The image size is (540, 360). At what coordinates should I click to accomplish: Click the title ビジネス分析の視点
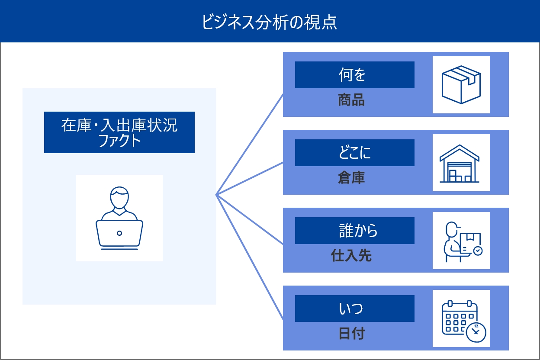[270, 22]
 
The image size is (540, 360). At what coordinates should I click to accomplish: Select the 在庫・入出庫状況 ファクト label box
[119, 132]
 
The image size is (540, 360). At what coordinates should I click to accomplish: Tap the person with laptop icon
[119, 218]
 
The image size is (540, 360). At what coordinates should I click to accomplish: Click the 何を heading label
[354, 75]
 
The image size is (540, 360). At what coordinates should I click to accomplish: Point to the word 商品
[351, 100]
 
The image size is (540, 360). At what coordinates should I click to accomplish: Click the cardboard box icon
[461, 85]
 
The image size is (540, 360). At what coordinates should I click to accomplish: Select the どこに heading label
[354, 153]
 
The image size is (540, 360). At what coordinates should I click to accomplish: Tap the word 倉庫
[351, 178]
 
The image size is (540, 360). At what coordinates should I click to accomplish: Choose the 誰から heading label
[354, 231]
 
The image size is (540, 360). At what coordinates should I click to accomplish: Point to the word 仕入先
[351, 256]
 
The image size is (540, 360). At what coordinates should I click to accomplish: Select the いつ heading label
[354, 309]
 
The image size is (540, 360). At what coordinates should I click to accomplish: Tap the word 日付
[351, 334]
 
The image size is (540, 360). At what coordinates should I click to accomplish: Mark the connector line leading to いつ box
[250, 257]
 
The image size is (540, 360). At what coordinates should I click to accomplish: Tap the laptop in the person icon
[119, 233]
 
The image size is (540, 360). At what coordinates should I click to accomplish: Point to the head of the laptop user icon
[119, 197]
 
